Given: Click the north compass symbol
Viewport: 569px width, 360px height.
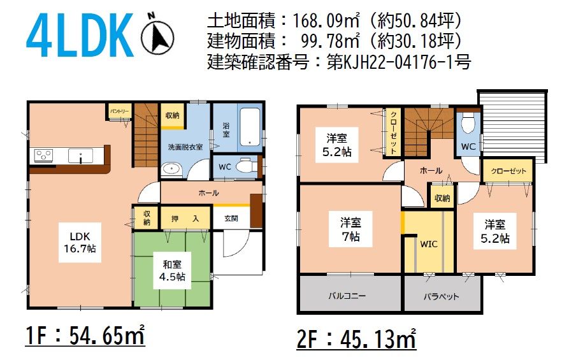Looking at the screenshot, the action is [x=157, y=34].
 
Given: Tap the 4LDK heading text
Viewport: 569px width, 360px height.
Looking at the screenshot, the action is [x=80, y=35].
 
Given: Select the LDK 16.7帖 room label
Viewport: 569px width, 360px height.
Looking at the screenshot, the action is [x=80, y=242].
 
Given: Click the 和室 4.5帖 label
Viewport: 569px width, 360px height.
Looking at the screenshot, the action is [x=172, y=270].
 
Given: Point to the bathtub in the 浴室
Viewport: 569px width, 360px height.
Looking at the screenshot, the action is [x=250, y=127].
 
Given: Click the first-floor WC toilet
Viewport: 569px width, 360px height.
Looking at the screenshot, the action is [x=247, y=167].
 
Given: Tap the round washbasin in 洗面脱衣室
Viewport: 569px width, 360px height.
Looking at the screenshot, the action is [x=171, y=169].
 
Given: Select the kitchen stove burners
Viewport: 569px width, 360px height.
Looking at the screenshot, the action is [x=43, y=155].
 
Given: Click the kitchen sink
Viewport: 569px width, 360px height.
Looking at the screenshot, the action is [x=80, y=156].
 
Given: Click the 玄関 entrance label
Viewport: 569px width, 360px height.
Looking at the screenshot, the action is [x=231, y=219].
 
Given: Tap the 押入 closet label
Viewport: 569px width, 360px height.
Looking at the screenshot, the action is [x=185, y=219].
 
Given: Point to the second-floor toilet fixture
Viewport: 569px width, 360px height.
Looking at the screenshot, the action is [x=468, y=124].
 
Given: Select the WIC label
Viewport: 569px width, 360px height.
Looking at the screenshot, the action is [x=429, y=244].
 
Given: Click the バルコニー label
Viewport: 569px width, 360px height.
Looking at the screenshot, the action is [x=347, y=296].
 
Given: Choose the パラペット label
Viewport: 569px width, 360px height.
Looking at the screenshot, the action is [x=442, y=296].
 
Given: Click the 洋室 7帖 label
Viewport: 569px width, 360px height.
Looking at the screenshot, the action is [x=350, y=230].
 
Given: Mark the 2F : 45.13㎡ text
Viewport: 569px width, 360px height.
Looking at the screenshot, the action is [x=356, y=339].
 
